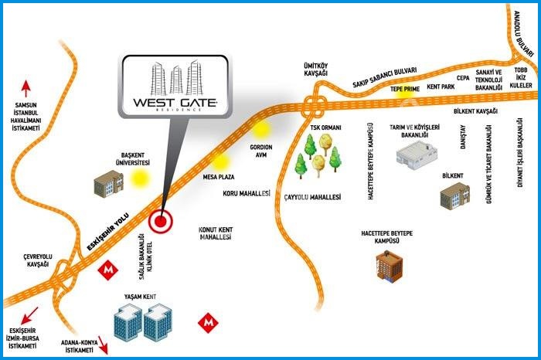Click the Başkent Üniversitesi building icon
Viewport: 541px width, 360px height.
[109, 183]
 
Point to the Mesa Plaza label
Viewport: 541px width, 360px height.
[219, 177]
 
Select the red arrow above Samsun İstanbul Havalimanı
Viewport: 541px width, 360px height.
[26, 87]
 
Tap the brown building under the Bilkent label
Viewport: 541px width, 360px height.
[454, 195]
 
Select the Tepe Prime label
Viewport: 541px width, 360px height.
[404, 89]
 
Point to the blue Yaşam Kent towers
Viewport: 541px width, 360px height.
[145, 323]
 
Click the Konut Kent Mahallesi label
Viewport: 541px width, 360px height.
[216, 235]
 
